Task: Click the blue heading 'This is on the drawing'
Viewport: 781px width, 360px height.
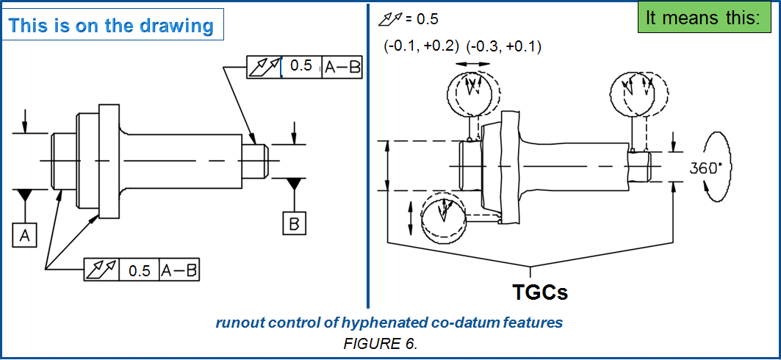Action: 112,26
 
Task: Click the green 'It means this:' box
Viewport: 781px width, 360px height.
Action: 702,18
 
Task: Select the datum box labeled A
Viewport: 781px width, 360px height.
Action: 25,234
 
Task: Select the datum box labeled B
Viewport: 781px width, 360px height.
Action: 294,223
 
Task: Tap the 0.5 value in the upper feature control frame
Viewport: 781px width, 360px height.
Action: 301,66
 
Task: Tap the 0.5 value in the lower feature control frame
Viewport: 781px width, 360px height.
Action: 140,270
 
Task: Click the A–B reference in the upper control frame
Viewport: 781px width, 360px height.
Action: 343,66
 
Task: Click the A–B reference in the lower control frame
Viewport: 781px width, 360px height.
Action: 180,270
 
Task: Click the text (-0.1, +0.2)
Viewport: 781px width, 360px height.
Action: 421,46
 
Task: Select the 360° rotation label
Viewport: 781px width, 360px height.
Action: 706,167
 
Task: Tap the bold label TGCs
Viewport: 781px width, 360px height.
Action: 540,291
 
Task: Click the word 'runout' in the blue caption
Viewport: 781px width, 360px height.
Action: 237,323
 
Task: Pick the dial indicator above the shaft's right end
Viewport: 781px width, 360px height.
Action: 638,92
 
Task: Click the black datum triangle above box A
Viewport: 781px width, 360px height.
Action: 25,195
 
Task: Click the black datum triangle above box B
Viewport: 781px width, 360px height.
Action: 294,182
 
